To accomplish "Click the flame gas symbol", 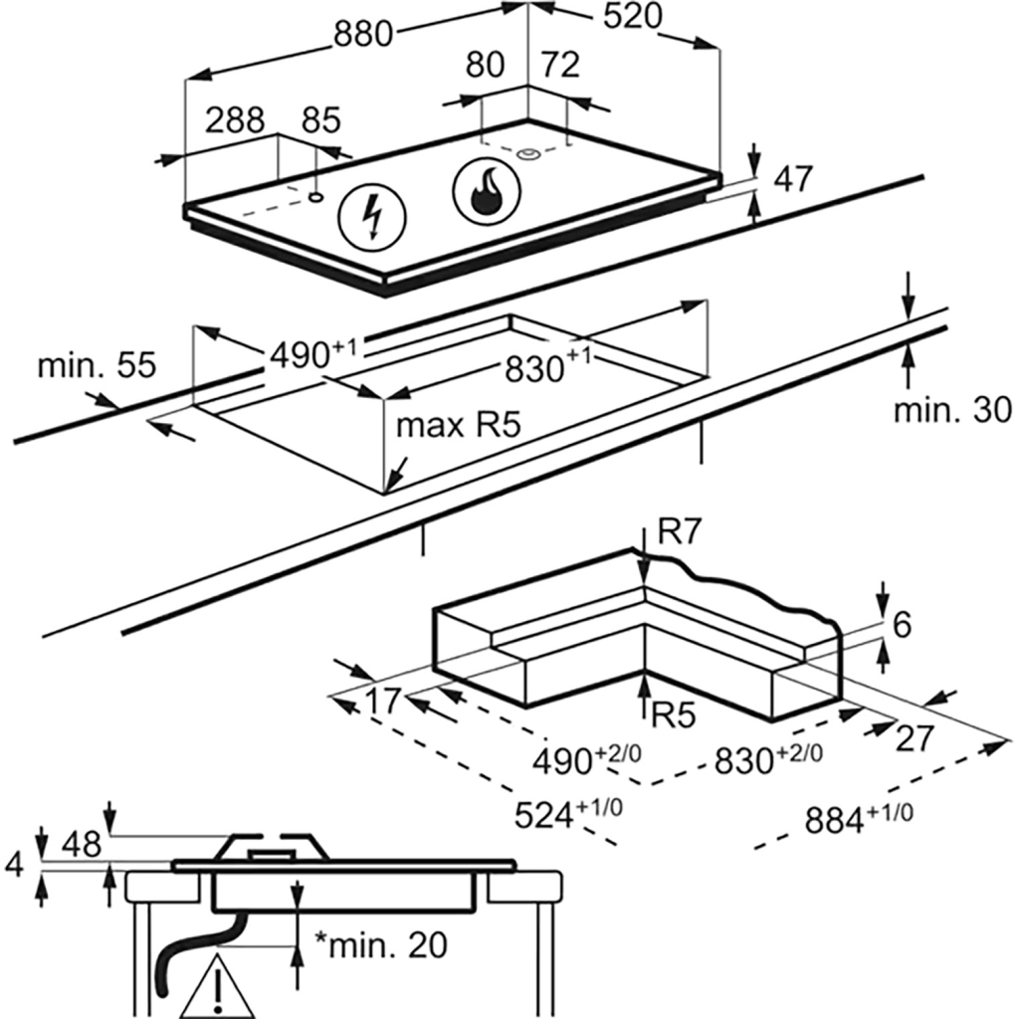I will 486,190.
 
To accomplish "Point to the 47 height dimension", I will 793,179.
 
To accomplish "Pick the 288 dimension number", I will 235,120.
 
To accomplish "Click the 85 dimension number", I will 320,120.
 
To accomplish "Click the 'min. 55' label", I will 97,365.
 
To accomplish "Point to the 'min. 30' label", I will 951,409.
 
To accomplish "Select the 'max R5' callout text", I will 459,427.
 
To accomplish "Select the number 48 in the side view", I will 81,844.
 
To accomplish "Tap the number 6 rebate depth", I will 902,625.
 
